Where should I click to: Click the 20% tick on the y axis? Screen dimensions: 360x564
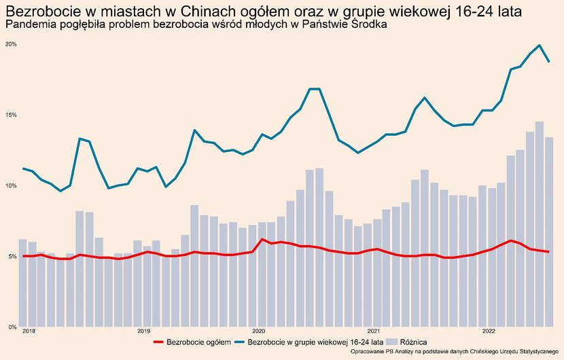tap(11, 44)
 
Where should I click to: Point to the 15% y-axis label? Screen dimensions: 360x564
tap(11, 115)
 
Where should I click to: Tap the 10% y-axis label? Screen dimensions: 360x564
tap(11, 185)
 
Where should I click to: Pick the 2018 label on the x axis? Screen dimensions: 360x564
tap(29, 331)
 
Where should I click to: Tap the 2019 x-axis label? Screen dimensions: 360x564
tap(143, 331)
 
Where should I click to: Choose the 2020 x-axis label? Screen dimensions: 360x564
tap(258, 331)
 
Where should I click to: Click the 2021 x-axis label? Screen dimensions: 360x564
tap(373, 331)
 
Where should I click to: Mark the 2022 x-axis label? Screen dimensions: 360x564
tap(488, 331)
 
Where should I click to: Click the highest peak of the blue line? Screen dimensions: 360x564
tap(539, 46)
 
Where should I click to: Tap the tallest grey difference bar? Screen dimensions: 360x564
tap(539, 224)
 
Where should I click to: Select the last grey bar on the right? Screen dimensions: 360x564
tap(548, 231)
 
